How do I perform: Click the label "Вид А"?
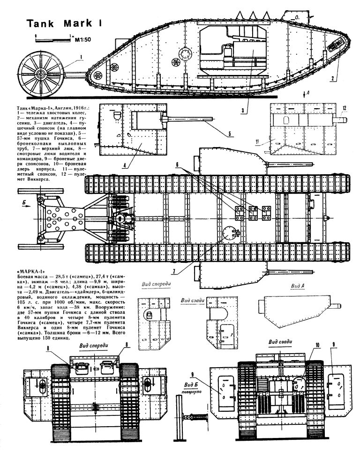[x=298, y=286]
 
